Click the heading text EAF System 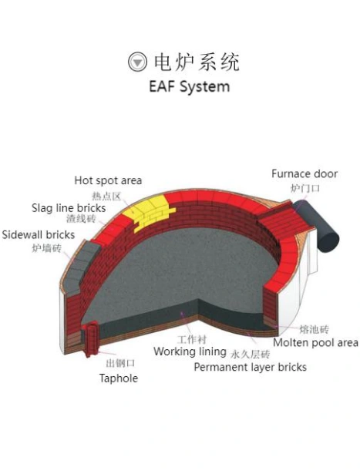point(190,87)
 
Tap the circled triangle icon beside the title point(137,62)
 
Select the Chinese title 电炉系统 point(197,62)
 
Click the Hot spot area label point(108,180)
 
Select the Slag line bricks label point(69,208)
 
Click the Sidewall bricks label point(38,235)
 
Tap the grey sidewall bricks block point(81,266)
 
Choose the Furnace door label point(304,174)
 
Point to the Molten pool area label point(315,343)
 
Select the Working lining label point(190,351)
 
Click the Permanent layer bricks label point(250,367)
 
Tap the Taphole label point(119,378)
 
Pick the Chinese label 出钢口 point(120,363)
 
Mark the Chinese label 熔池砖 point(314,329)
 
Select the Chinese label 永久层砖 point(251,354)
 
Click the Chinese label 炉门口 point(305,188)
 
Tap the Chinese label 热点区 point(106,196)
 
